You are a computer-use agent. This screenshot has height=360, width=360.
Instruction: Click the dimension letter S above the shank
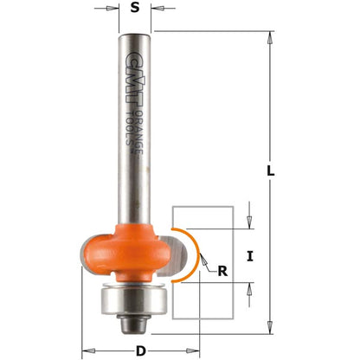[x=135, y=10]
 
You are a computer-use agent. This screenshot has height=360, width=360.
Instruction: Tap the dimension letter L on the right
[x=271, y=173]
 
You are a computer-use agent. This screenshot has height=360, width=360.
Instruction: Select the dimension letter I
[x=249, y=256]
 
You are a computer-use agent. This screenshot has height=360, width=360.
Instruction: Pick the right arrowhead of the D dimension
[x=194, y=350]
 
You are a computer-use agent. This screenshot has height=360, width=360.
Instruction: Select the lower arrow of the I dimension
[x=249, y=288]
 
